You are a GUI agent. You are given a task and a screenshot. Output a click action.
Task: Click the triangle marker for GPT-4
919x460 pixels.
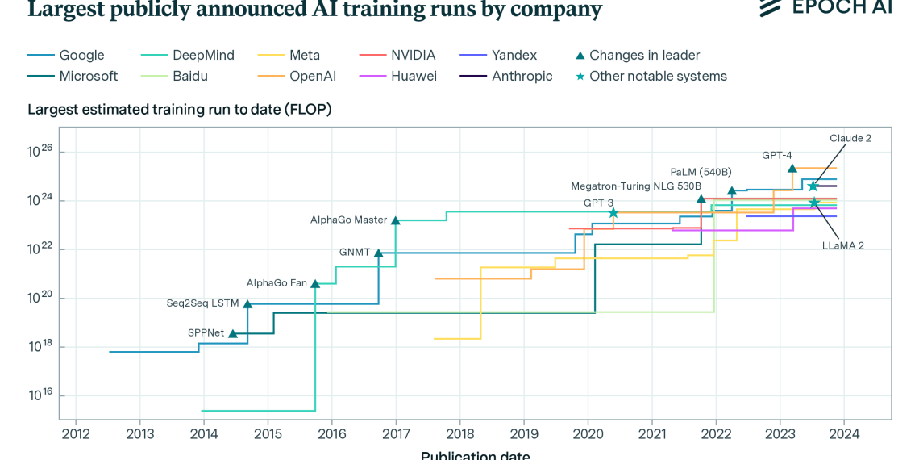(x=792, y=169)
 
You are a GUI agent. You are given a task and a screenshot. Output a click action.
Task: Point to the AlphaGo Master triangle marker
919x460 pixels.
(x=395, y=220)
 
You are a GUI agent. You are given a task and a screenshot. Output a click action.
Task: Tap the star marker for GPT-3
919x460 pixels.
(x=613, y=213)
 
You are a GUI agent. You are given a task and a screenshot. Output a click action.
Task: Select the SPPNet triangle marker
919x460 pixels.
(x=233, y=333)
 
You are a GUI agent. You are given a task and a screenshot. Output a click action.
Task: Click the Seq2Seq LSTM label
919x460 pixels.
(x=203, y=303)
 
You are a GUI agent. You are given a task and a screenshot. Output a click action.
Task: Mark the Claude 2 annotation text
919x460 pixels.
(x=850, y=138)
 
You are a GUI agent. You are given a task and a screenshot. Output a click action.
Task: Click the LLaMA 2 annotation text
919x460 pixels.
(x=842, y=245)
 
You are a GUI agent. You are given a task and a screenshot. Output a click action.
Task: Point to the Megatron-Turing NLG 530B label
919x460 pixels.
(x=636, y=186)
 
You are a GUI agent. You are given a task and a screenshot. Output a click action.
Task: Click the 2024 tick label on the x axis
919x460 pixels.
(x=843, y=433)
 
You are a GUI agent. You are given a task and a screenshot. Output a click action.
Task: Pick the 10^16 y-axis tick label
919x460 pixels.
(x=40, y=395)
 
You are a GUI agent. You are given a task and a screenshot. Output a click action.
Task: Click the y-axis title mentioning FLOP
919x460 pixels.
(x=180, y=110)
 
